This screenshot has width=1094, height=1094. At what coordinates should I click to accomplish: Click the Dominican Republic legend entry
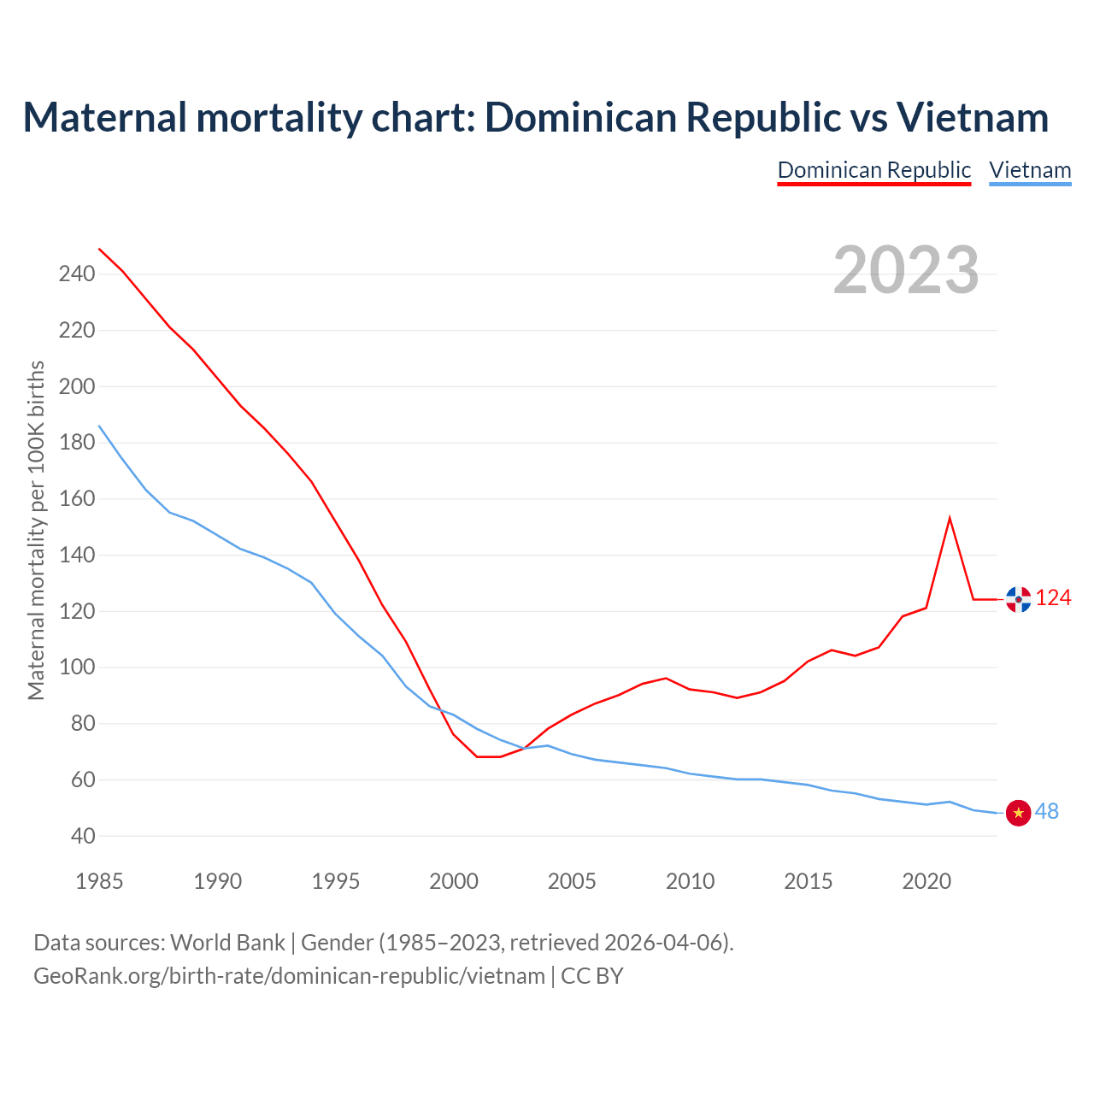point(873,170)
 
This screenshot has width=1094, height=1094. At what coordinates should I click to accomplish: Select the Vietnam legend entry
point(1030,170)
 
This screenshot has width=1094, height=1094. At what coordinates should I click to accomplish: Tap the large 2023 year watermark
point(906,270)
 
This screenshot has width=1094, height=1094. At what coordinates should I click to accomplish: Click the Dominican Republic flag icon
point(1018,599)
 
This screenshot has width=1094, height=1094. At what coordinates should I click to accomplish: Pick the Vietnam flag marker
point(1018,813)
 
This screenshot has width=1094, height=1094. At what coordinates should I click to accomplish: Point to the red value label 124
point(1053,598)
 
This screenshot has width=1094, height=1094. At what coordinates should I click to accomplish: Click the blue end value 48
point(1047,812)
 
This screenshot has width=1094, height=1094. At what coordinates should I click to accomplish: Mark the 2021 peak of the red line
point(950,518)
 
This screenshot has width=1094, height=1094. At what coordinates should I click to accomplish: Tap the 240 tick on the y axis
point(77,274)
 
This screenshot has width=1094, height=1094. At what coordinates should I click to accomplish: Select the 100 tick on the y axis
point(77,668)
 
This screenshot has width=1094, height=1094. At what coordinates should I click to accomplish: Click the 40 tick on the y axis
point(82,836)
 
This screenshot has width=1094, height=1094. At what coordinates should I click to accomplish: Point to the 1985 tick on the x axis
point(99,881)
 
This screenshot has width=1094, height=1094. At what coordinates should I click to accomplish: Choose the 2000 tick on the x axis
point(454,881)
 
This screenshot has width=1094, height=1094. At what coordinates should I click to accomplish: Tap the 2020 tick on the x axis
point(926,881)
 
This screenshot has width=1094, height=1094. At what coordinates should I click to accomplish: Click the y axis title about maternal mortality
point(36,530)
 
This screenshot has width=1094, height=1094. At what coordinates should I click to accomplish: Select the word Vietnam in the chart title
point(973,117)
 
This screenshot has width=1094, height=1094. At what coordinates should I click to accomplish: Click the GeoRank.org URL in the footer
point(289,976)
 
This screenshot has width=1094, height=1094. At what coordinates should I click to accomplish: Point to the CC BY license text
point(592,976)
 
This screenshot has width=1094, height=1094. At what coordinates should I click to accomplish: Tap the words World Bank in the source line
point(227,943)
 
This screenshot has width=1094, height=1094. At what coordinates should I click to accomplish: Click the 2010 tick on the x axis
point(690,881)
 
